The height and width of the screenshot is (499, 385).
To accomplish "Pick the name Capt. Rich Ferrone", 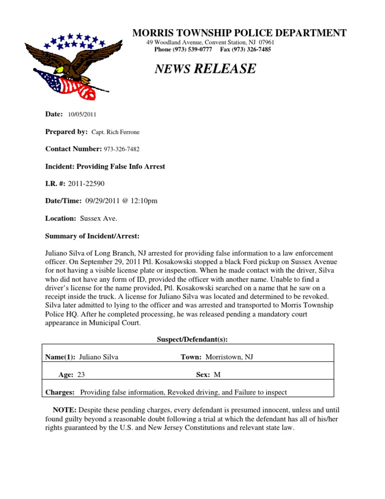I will (116, 132).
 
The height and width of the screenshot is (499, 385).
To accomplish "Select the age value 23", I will (81, 374).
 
